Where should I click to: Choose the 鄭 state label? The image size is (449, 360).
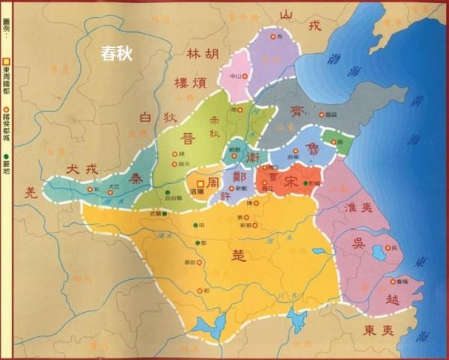tap(241, 177)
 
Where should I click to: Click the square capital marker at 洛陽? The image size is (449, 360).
tap(200, 182)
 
